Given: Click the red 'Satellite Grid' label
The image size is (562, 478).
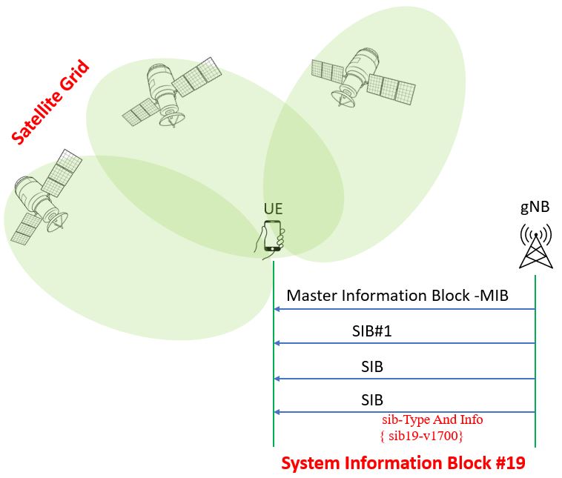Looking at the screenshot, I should [x=49, y=102].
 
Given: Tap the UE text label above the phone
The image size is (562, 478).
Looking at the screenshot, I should [x=273, y=209].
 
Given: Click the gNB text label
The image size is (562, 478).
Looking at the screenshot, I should [x=535, y=208].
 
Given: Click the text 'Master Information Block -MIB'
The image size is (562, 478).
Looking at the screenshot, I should [x=409, y=295].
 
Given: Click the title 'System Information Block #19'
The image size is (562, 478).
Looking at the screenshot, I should [x=403, y=464].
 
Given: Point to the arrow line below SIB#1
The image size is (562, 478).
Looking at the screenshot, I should [x=404, y=343].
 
